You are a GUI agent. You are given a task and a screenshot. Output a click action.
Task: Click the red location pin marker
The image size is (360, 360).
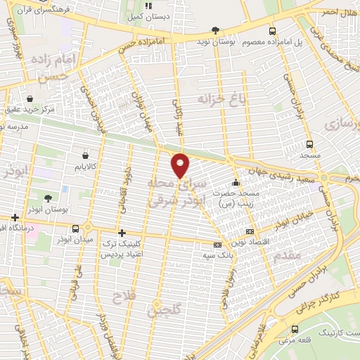[x=181, y=165]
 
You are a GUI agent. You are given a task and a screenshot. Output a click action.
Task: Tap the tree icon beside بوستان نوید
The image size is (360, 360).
[x=216, y=31]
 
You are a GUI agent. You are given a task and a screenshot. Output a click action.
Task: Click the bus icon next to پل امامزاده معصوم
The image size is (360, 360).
[x=273, y=31]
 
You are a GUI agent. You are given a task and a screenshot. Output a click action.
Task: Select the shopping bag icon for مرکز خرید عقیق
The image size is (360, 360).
[x=30, y=99]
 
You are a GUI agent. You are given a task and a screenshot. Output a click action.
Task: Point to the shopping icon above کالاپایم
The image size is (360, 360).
[x=85, y=155]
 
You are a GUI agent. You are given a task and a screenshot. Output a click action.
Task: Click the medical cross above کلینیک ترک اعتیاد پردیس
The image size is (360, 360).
[x=122, y=233]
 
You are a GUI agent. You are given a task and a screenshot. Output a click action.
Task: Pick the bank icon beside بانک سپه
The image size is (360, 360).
[x=217, y=244]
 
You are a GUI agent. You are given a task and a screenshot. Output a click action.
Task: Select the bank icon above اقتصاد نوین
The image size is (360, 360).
[x=250, y=231]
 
